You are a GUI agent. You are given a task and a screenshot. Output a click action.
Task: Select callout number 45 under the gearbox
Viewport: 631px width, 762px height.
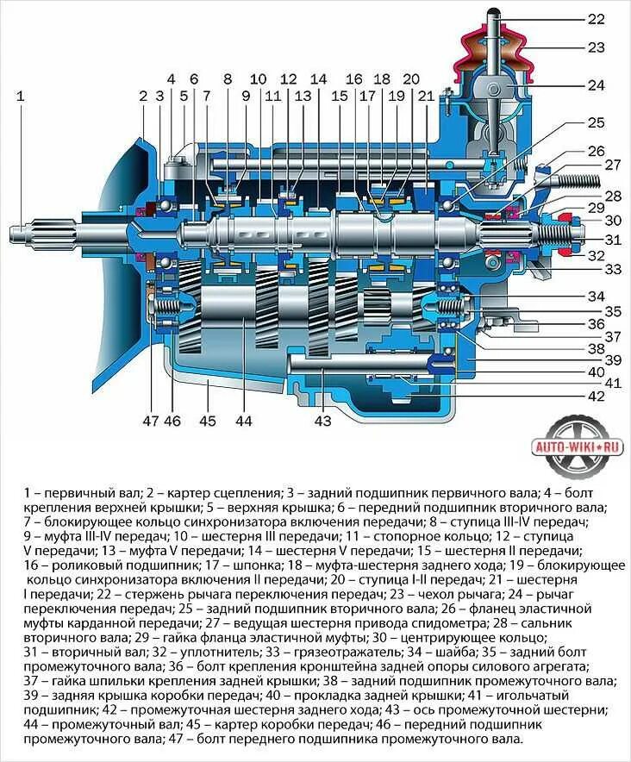tap(207, 422)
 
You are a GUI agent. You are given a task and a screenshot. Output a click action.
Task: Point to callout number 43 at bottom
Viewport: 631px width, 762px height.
tap(322, 422)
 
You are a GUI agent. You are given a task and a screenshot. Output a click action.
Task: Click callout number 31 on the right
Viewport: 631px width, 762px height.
tap(613, 240)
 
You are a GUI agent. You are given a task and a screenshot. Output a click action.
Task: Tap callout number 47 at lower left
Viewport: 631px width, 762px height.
tap(150, 422)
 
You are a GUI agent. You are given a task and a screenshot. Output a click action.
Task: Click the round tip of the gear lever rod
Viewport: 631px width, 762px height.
tap(495, 12)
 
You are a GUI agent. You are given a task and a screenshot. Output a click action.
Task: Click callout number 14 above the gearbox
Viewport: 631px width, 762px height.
tap(319, 78)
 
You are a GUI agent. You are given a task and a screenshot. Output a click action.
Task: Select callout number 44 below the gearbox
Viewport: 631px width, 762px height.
tap(243, 422)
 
